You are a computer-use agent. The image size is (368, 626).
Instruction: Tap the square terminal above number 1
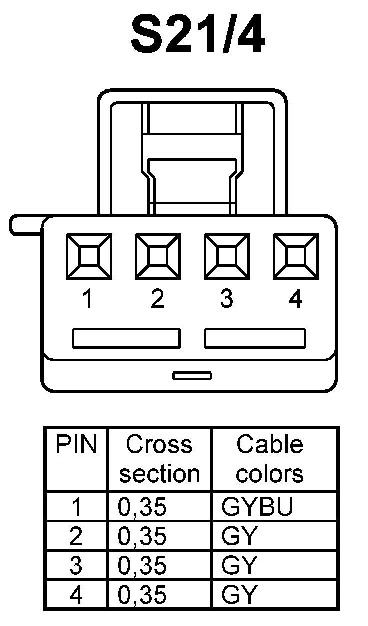click(89, 256)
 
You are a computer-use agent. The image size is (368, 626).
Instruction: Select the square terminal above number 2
click(158, 256)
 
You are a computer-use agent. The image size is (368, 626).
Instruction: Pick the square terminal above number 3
click(227, 256)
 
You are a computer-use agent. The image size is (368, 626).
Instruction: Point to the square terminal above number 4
click(296, 256)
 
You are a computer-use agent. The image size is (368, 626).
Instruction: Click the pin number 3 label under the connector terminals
click(226, 299)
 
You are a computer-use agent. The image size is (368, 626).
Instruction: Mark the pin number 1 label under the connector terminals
click(88, 299)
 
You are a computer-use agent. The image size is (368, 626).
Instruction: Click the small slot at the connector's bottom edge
click(192, 375)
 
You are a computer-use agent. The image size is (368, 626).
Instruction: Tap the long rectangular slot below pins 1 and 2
click(126, 338)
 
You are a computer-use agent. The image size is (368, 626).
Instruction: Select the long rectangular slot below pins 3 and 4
click(255, 338)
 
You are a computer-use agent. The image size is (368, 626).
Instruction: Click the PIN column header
click(76, 445)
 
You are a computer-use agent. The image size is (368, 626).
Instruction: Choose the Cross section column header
click(159, 459)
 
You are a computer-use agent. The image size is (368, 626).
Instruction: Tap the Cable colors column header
click(270, 459)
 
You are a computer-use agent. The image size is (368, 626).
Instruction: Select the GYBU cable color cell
click(257, 507)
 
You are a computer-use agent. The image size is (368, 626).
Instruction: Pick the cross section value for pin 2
click(142, 536)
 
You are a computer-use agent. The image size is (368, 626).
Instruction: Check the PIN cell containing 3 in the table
click(76, 566)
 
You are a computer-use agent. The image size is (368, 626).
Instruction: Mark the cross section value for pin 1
click(142, 507)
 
